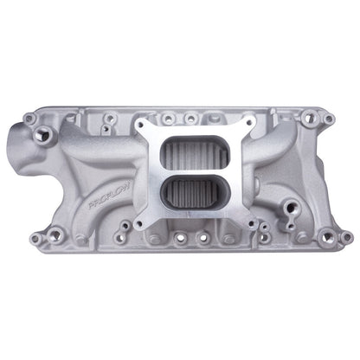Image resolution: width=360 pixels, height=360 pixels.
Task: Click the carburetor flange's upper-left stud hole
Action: (x=141, y=125)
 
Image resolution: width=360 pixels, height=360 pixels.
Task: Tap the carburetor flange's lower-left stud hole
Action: (x=140, y=224)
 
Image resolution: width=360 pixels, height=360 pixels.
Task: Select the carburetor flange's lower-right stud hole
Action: (x=252, y=222)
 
